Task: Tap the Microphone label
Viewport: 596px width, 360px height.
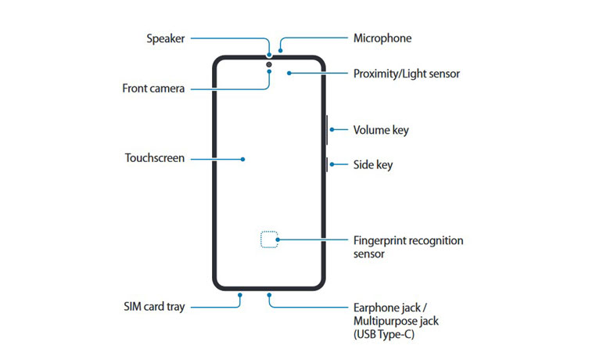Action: [x=382, y=38]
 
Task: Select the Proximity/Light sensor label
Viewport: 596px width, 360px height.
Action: [x=406, y=74]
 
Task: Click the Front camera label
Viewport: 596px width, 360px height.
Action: [x=153, y=88]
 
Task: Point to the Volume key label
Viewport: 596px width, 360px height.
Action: [x=381, y=130]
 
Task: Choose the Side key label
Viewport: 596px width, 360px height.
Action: [x=372, y=165]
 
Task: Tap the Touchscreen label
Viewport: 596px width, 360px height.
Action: [x=155, y=158]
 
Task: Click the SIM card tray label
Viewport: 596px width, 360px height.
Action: [x=155, y=307]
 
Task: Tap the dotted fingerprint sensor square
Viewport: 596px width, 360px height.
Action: [x=269, y=239]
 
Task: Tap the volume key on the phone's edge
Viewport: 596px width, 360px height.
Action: [x=325, y=130]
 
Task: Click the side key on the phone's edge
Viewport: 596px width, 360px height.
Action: [x=325, y=165]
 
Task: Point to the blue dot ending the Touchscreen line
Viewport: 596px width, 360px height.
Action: [x=243, y=159]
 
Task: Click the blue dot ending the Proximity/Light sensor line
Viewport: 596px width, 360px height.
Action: [x=289, y=74]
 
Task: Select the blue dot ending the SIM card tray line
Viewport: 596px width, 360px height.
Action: [x=239, y=296]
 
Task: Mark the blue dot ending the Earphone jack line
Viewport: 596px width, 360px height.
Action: [x=269, y=296]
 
